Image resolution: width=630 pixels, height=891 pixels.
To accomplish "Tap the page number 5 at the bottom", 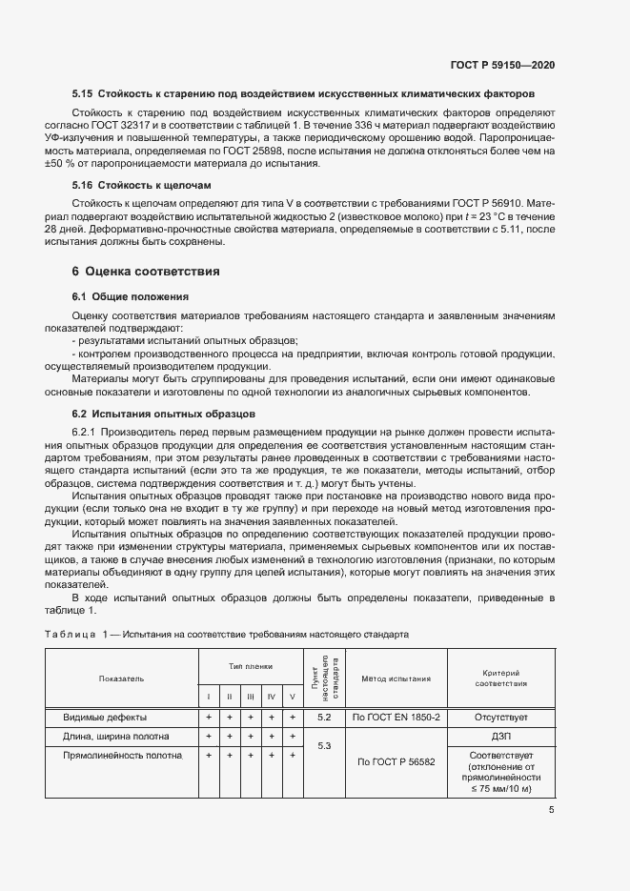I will [x=552, y=811].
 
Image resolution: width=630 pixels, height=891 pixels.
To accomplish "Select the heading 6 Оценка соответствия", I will [x=146, y=272].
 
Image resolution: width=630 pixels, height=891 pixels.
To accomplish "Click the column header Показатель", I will [x=121, y=678].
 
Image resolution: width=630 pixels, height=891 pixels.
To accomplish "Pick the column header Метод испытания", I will [x=395, y=678].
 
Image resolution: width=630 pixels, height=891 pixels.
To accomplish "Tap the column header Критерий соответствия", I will [x=500, y=678].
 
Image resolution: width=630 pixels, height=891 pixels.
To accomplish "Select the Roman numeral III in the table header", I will [x=250, y=698].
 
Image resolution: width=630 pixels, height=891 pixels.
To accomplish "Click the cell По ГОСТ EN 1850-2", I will [x=395, y=717].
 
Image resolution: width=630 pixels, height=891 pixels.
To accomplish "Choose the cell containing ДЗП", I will [x=500, y=737].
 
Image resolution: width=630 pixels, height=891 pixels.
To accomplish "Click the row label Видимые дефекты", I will [x=105, y=717].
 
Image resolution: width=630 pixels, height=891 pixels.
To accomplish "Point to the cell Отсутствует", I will [x=500, y=717].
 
